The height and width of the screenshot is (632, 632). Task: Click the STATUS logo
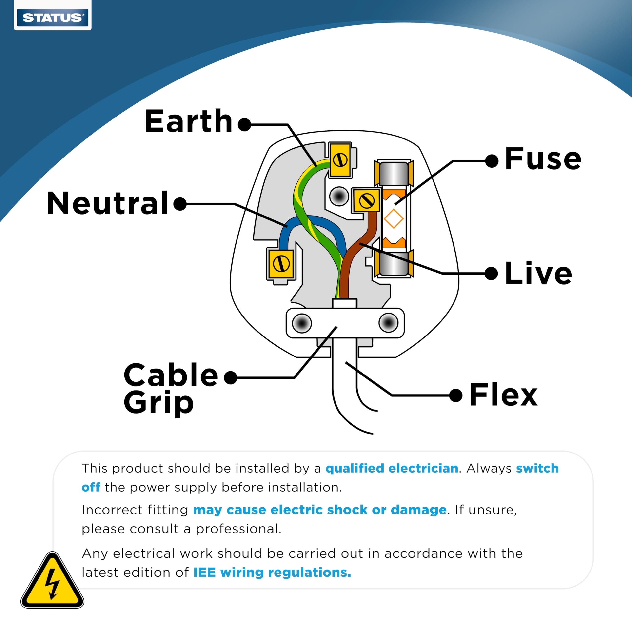point(52,17)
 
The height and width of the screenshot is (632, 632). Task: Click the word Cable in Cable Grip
point(171,375)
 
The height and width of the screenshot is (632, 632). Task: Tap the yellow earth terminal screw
point(340,160)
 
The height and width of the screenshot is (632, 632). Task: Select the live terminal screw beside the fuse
point(366,200)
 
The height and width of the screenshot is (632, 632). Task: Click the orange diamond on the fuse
point(394,218)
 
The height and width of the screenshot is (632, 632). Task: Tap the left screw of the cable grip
point(302,323)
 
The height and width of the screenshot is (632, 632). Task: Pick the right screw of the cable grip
point(388,323)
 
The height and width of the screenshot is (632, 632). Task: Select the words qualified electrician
point(392,468)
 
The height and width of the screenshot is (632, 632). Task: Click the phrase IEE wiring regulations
point(272,572)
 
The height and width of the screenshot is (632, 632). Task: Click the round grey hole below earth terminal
point(339,197)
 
